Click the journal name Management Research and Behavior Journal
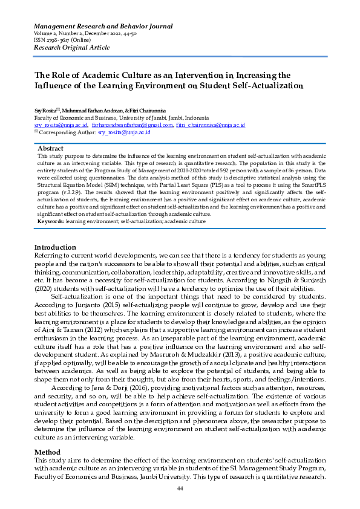(x=103, y=27)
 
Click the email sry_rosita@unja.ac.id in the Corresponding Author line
(x=124, y=131)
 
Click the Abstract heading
(x=51, y=148)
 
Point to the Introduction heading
(x=55, y=247)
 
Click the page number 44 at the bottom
(x=180, y=488)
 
